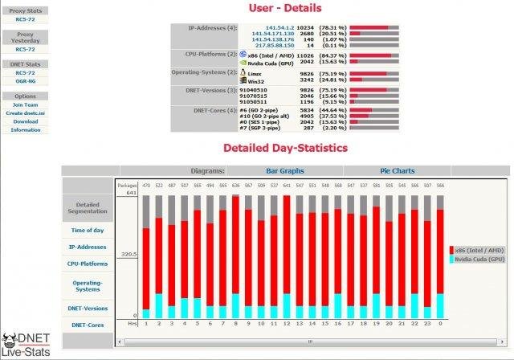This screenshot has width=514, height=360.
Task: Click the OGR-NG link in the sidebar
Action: click(25, 80)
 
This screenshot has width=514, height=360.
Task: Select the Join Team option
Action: click(25, 105)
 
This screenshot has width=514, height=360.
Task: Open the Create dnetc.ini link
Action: click(25, 113)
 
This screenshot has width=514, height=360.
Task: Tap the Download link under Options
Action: click(25, 121)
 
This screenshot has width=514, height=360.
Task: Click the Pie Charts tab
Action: click(397, 171)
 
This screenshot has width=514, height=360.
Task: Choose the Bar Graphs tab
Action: click(285, 171)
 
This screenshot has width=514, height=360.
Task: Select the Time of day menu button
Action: click(88, 230)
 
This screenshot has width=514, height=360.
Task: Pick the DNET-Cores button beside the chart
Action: click(88, 325)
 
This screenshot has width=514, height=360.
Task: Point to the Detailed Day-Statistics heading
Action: click(285, 149)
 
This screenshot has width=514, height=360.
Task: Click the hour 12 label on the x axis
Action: click(286, 323)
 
